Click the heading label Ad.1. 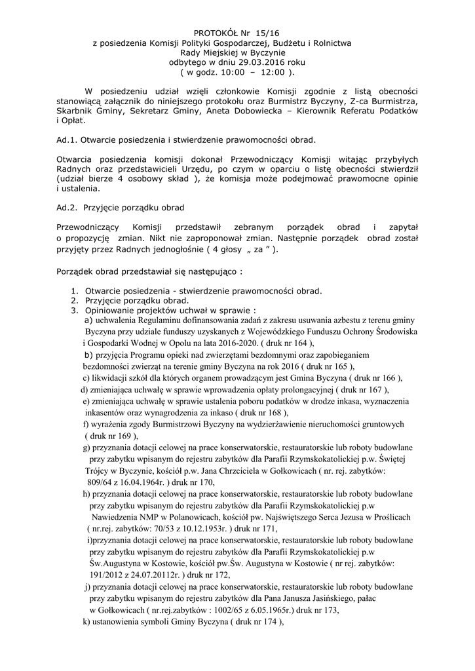pyautogui.click(x=67, y=140)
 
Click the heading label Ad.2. pyautogui.click(x=67, y=207)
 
